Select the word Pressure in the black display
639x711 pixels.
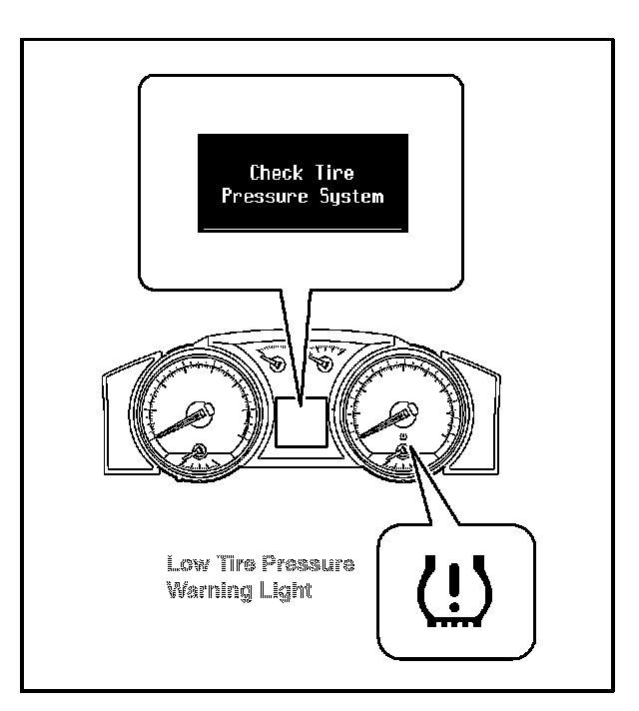(x=263, y=196)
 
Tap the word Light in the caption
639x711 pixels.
(x=288, y=590)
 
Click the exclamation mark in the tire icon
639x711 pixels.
(x=455, y=585)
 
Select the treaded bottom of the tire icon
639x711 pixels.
(x=455, y=621)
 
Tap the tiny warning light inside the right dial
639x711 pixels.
(x=403, y=436)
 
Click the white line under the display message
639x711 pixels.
(x=302, y=228)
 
